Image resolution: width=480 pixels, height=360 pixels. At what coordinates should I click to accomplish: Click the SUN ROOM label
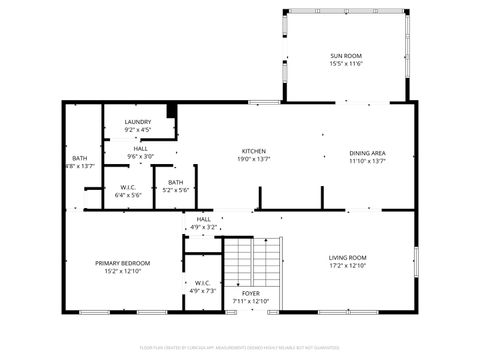346,55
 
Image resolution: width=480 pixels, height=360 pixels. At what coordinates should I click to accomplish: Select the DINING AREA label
368,152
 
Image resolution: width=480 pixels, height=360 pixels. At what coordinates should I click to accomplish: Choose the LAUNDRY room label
138,122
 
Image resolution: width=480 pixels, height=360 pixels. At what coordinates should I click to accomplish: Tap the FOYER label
248,294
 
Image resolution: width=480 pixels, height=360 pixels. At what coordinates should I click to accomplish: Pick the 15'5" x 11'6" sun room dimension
346,64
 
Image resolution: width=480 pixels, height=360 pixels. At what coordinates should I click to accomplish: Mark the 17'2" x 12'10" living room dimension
348,266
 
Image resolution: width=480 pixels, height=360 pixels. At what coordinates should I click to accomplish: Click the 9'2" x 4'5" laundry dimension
138,130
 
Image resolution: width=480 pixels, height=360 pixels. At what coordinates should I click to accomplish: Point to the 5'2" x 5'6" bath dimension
176,190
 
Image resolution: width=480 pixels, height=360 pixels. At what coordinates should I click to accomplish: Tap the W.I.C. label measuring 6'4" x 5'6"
128,187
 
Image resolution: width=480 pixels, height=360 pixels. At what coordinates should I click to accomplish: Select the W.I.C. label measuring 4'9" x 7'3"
203,282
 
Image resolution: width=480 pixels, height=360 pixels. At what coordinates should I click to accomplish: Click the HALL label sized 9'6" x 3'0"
140,148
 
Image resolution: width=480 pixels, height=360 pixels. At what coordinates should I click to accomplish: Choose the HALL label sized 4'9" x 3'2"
204,219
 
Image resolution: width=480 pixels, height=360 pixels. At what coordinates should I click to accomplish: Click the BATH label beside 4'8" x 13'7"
80,158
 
